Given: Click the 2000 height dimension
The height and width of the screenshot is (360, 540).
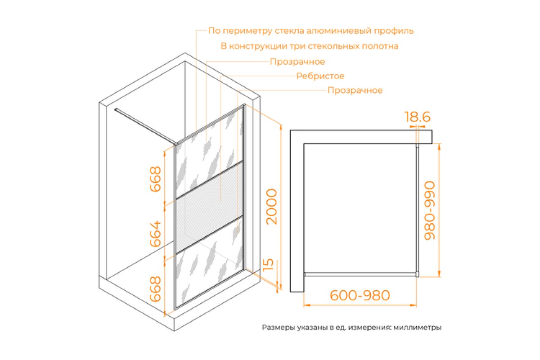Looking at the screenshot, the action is pyautogui.click(x=271, y=207).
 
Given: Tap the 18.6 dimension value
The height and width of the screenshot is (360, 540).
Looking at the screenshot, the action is pyautogui.click(x=417, y=117).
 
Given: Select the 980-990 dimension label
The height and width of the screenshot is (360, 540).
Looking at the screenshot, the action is pyautogui.click(x=430, y=211).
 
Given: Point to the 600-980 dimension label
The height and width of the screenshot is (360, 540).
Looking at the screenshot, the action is pyautogui.click(x=360, y=295).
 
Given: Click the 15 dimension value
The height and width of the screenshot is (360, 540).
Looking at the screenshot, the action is pyautogui.click(x=268, y=265).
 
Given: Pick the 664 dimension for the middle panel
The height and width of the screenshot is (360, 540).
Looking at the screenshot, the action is pyautogui.click(x=155, y=234).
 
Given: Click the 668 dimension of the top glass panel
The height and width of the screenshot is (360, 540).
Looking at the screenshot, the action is pyautogui.click(x=155, y=179).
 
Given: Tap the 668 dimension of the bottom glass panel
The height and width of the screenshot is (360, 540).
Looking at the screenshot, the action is pyautogui.click(x=155, y=289).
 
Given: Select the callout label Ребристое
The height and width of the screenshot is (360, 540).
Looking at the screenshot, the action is pyautogui.click(x=320, y=76).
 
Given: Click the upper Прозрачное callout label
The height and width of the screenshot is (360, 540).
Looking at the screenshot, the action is pyautogui.click(x=297, y=62).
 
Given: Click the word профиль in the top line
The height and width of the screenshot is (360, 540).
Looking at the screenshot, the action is pyautogui.click(x=394, y=31).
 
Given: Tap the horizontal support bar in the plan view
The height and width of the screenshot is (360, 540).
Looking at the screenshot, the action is pyautogui.click(x=360, y=274).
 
